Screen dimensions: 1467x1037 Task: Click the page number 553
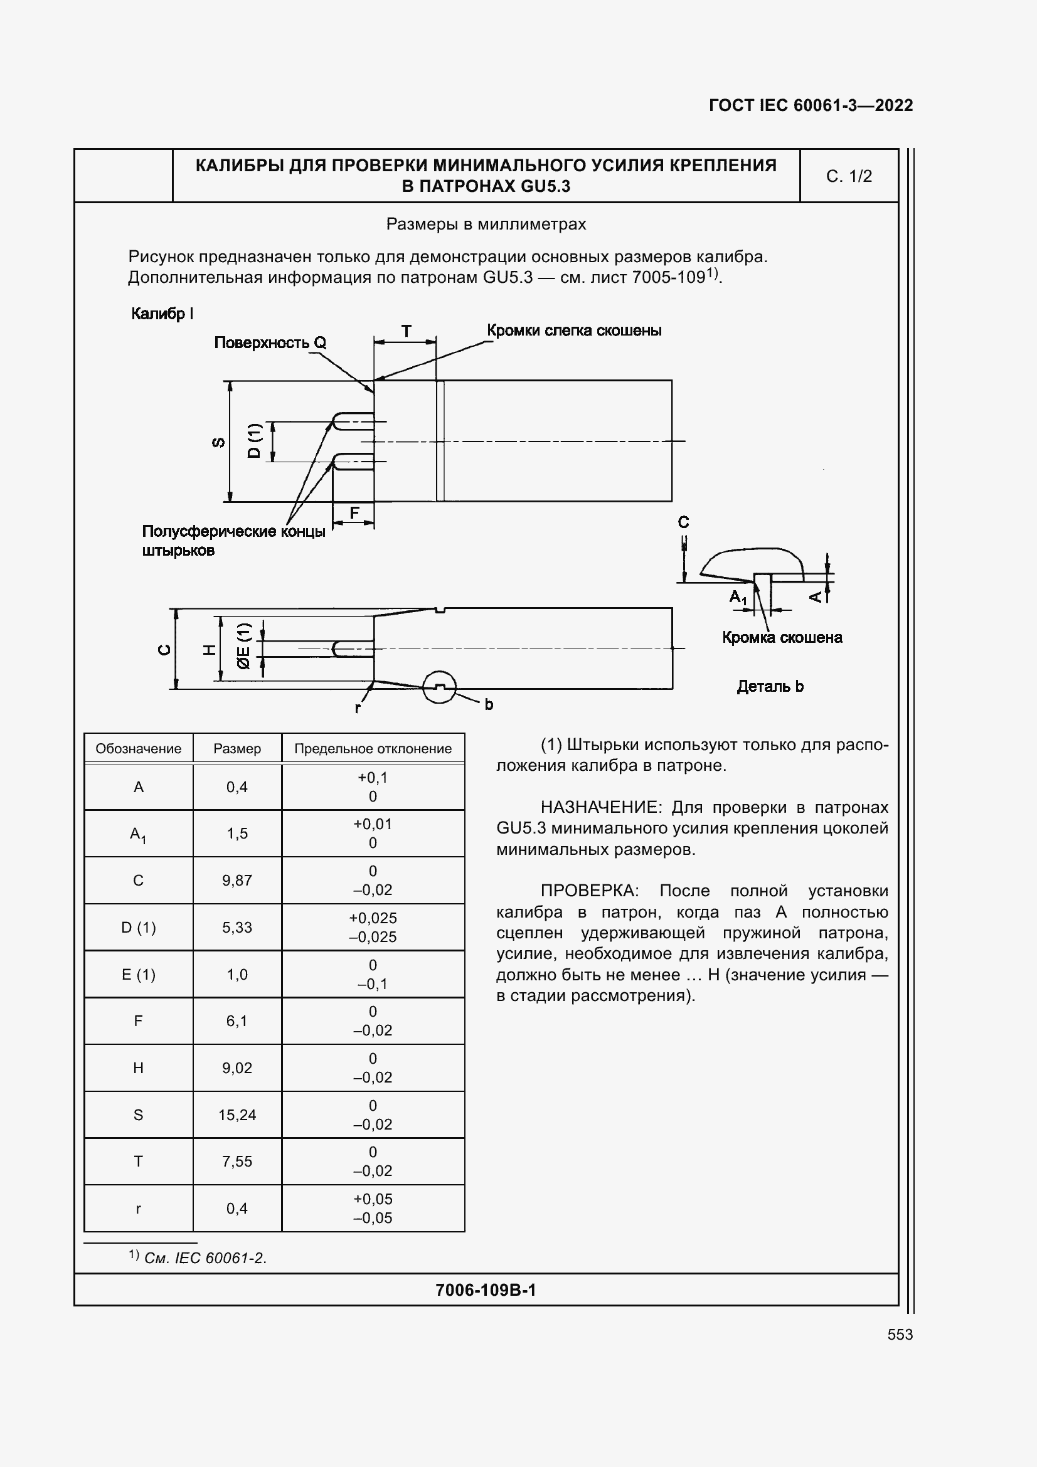click(900, 1334)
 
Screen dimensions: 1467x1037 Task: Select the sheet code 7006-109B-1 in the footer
click(486, 1290)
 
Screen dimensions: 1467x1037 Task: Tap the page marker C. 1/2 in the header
click(849, 176)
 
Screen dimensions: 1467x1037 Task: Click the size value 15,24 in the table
click(237, 1115)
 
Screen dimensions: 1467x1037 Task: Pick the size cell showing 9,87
click(237, 881)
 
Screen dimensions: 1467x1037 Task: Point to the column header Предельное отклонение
click(373, 748)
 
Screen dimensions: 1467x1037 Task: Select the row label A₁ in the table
click(138, 834)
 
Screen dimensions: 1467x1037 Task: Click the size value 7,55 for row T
click(237, 1162)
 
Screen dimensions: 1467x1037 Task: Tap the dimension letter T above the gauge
click(406, 331)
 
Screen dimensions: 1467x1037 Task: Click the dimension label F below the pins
click(354, 512)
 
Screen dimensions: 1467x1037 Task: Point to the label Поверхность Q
click(270, 343)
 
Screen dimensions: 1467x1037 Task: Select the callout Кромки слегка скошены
click(574, 331)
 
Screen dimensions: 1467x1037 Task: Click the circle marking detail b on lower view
click(440, 687)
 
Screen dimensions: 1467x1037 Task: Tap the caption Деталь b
click(770, 687)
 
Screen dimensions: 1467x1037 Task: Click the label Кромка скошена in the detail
click(782, 637)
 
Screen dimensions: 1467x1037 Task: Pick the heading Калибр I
click(162, 314)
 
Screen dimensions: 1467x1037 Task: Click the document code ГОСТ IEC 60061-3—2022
click(811, 105)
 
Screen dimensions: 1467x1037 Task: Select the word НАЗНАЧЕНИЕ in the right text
click(598, 807)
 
